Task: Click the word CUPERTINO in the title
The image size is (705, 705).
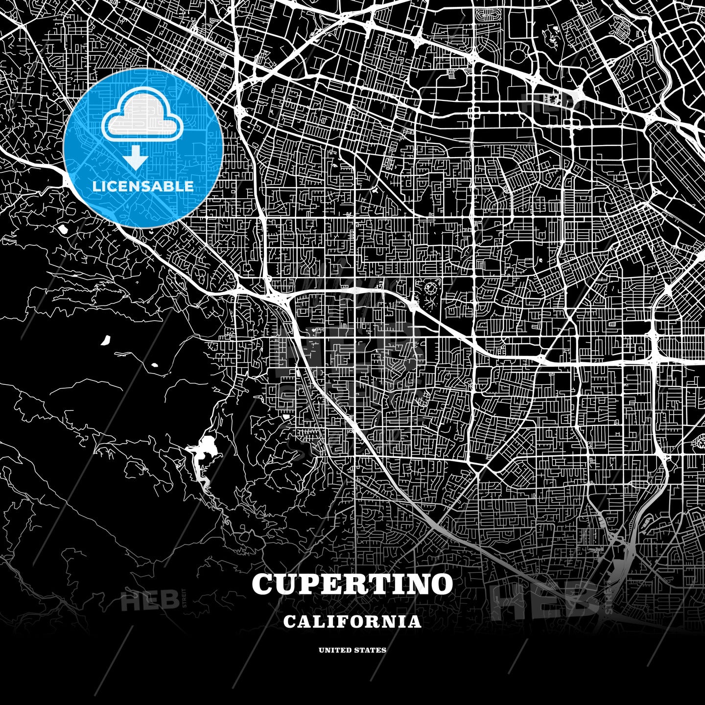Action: pos(352,584)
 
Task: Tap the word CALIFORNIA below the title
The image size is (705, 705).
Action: pos(352,621)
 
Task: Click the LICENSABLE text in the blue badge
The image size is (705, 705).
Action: pos(143,187)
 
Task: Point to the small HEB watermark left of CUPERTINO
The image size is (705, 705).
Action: pos(149,600)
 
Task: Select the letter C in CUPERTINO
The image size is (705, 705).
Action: pos(263,584)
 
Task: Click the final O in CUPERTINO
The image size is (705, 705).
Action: pos(441,584)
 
